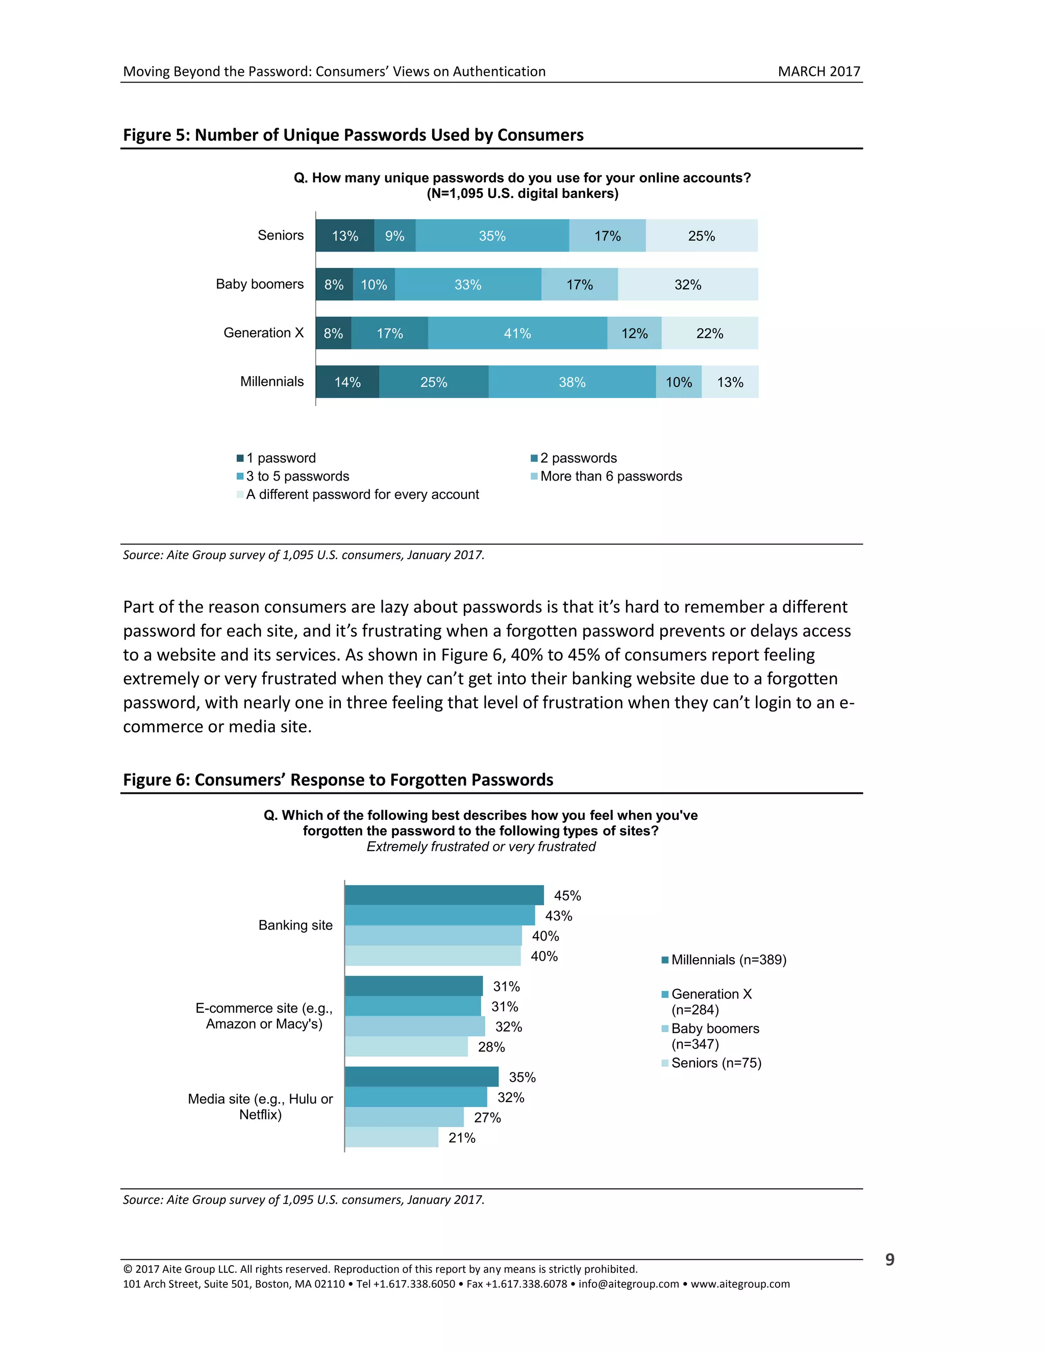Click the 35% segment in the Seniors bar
(492, 236)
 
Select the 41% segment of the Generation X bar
(517, 334)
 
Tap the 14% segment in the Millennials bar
(347, 382)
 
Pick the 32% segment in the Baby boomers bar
(688, 285)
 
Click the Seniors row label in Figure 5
(281, 235)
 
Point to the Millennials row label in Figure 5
(272, 381)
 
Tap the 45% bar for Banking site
(444, 895)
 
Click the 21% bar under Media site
(391, 1137)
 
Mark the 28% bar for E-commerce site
(406, 1047)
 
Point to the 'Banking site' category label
(295, 925)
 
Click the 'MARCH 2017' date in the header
(818, 71)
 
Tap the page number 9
(889, 1260)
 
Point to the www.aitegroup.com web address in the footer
(740, 1284)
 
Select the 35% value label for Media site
(522, 1077)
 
